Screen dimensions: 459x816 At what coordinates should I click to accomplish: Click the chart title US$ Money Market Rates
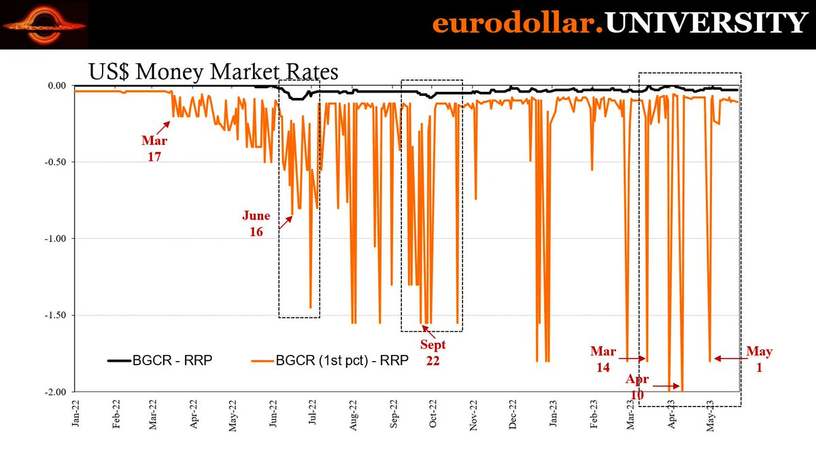click(213, 71)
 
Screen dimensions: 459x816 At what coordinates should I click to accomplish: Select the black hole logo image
click(44, 25)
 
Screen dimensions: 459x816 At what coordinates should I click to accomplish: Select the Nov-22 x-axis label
click(472, 415)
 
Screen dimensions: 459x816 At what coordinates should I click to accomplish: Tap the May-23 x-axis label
click(710, 415)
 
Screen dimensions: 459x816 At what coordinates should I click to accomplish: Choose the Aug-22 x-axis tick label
click(353, 415)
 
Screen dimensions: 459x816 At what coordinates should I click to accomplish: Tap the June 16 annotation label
click(256, 223)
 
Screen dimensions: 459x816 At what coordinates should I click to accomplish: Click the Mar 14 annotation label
click(603, 358)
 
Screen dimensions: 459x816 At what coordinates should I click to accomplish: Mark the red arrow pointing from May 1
click(729, 358)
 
